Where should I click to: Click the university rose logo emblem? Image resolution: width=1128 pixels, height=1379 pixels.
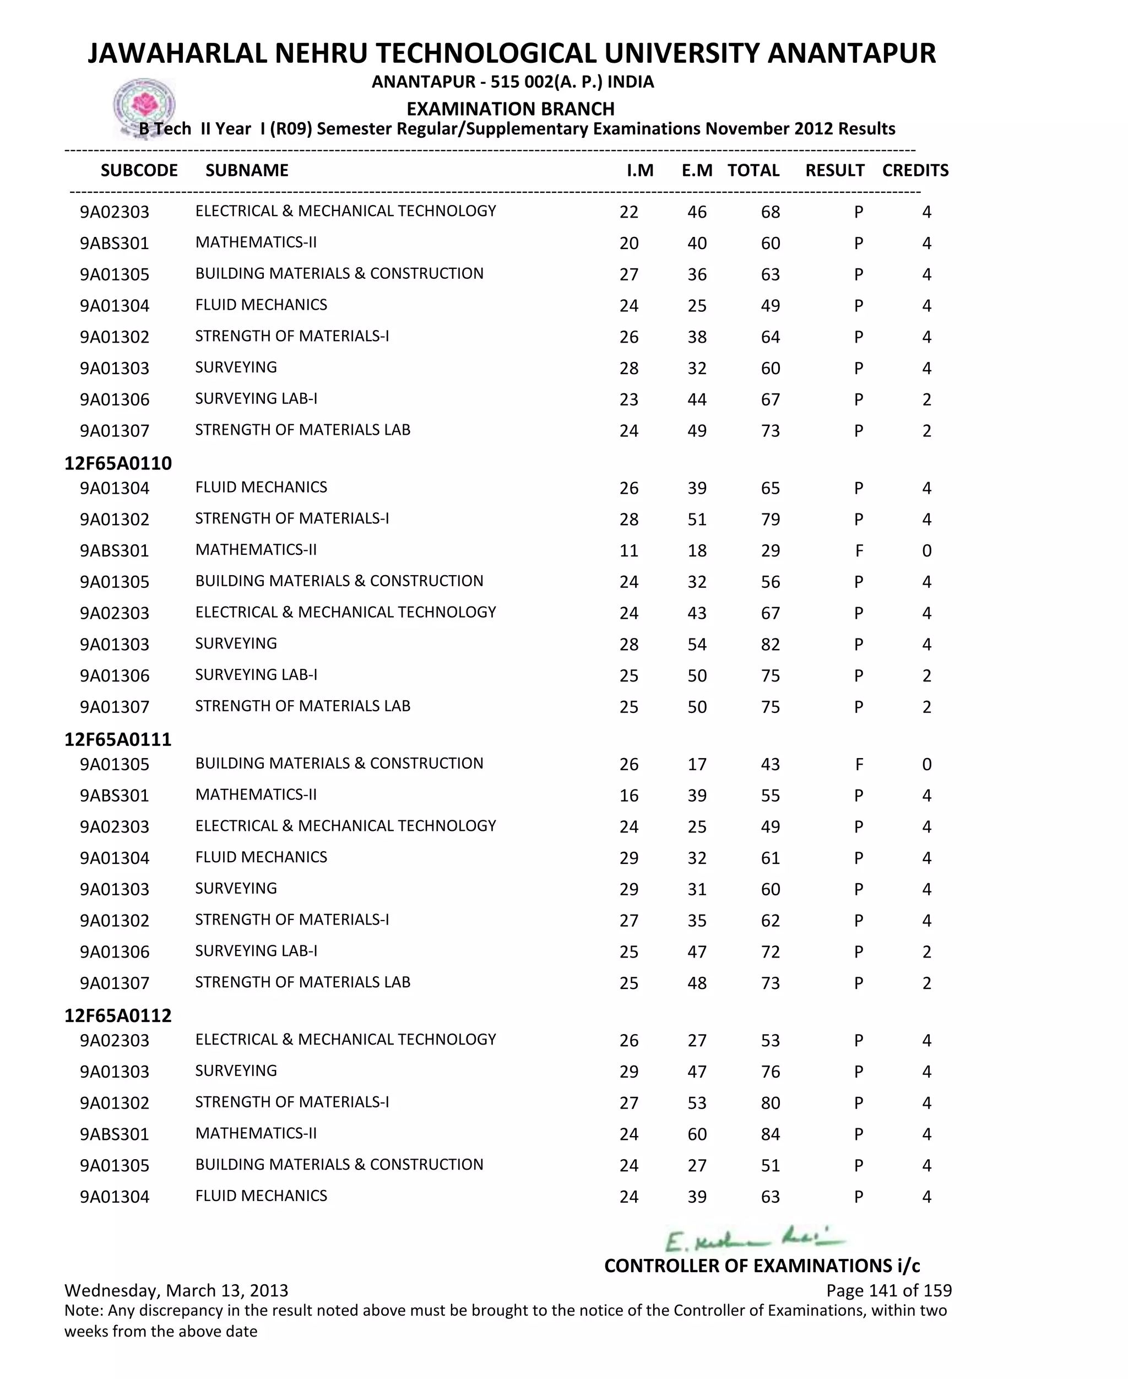pyautogui.click(x=144, y=106)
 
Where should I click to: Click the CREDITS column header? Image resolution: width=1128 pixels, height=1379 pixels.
pyautogui.click(x=915, y=170)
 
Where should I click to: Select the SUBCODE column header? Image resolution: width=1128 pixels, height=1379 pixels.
pyautogui.click(x=139, y=170)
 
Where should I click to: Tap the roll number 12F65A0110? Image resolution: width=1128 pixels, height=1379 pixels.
pyautogui.click(x=118, y=463)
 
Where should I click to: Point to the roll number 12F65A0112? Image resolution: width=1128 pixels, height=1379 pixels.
pyautogui.click(x=118, y=1016)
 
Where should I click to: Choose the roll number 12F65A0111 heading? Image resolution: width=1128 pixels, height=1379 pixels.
pyautogui.click(x=118, y=739)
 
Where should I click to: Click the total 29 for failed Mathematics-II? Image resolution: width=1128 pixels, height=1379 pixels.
pyautogui.click(x=770, y=551)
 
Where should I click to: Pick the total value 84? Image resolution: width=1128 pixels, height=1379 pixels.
pyautogui.click(x=770, y=1134)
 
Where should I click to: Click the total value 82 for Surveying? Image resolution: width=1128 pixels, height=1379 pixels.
pyautogui.click(x=770, y=645)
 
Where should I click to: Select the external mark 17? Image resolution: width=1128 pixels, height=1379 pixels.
pyautogui.click(x=697, y=765)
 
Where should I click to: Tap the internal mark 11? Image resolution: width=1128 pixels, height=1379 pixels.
pyautogui.click(x=628, y=551)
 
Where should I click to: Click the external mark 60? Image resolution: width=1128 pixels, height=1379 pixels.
pyautogui.click(x=697, y=1134)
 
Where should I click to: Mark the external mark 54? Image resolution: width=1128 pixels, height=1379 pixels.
pyautogui.click(x=697, y=645)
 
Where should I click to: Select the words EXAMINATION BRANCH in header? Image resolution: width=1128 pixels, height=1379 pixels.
pyautogui.click(x=510, y=109)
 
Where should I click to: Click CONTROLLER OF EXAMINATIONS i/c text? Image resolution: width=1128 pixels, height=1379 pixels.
pyautogui.click(x=762, y=1266)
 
